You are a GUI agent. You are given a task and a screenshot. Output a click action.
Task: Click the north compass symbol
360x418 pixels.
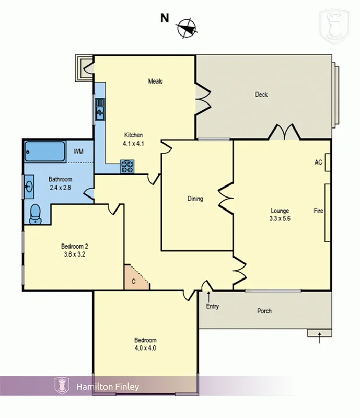[x=187, y=29]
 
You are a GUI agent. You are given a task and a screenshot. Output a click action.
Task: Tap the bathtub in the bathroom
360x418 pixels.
[x=45, y=152]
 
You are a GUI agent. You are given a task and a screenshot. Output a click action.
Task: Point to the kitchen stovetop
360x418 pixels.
[x=127, y=166]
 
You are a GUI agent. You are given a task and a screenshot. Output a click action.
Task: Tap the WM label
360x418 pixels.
[x=78, y=152]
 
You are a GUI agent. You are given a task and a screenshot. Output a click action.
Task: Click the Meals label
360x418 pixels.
[x=155, y=81]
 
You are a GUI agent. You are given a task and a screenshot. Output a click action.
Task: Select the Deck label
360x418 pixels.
[x=261, y=95]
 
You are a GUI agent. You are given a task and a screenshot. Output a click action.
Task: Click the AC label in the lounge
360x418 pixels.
[x=318, y=162]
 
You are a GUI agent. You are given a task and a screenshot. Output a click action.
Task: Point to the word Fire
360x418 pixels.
[x=318, y=211]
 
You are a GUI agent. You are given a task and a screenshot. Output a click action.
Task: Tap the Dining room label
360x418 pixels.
[x=195, y=199]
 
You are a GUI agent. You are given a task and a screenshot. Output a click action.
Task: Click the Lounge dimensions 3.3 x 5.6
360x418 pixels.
[x=279, y=219]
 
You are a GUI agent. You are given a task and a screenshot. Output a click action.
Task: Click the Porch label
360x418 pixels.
[x=264, y=311]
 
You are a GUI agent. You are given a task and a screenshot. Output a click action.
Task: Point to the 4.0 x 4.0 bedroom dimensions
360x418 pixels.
[x=145, y=348]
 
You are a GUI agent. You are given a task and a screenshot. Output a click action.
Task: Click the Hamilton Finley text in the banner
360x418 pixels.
[x=108, y=387]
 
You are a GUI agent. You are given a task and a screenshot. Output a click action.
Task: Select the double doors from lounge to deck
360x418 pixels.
[x=284, y=132]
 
